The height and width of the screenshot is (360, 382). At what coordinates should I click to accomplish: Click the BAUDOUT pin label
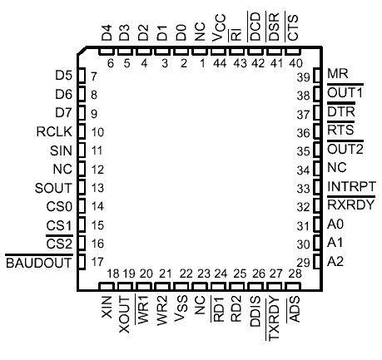[39, 263]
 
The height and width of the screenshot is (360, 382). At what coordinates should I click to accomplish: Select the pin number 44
[220, 63]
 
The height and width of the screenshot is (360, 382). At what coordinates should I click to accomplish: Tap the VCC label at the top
[219, 28]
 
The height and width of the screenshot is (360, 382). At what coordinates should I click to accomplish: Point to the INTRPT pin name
[351, 186]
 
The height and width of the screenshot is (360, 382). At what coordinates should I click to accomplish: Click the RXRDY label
[351, 205]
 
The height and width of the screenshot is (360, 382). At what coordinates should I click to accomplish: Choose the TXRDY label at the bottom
[274, 318]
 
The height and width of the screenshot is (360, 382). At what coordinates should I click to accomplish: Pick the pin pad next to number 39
[317, 76]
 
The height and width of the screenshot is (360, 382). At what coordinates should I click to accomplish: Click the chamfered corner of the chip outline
[82, 51]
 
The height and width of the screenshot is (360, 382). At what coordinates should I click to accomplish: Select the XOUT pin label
[124, 314]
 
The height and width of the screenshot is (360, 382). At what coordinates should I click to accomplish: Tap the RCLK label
[54, 131]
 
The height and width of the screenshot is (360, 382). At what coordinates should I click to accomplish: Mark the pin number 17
[97, 262]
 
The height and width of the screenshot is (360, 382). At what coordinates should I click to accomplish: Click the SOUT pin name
[53, 188]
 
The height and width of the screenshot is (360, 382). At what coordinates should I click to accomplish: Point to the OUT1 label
[345, 93]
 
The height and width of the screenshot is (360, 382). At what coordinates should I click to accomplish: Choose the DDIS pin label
[255, 312]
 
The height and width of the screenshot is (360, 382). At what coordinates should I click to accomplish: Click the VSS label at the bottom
[181, 308]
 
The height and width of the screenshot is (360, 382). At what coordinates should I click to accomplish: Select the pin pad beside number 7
[82, 76]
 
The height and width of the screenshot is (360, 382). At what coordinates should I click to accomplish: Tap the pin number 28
[295, 274]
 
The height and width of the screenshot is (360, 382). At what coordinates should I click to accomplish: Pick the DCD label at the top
[255, 27]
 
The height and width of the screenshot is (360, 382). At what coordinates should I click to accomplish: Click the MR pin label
[338, 74]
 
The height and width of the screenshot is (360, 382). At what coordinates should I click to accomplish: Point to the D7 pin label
[64, 113]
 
